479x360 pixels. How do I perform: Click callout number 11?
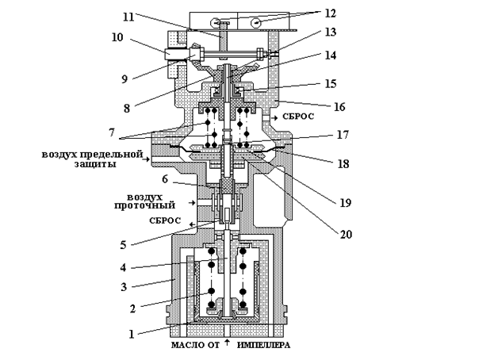(x=128, y=17)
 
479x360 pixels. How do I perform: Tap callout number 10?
(x=117, y=37)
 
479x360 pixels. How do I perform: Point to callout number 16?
(x=339, y=107)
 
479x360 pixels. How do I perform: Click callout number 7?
(x=111, y=132)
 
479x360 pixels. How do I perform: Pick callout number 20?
(x=346, y=234)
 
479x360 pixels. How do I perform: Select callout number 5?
(x=123, y=244)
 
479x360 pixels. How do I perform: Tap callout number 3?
(x=124, y=287)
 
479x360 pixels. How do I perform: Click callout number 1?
(x=132, y=334)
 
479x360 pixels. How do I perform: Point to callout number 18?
(x=343, y=164)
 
